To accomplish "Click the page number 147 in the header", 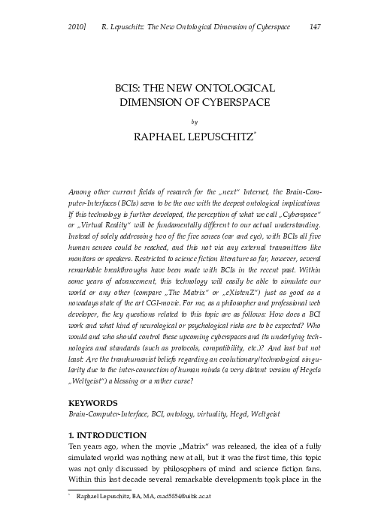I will click(x=316, y=27).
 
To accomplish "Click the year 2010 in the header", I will click(x=77, y=27).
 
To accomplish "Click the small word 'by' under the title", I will click(x=195, y=119).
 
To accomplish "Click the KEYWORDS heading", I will click(x=93, y=403).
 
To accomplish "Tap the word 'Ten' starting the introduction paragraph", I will click(x=76, y=449).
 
